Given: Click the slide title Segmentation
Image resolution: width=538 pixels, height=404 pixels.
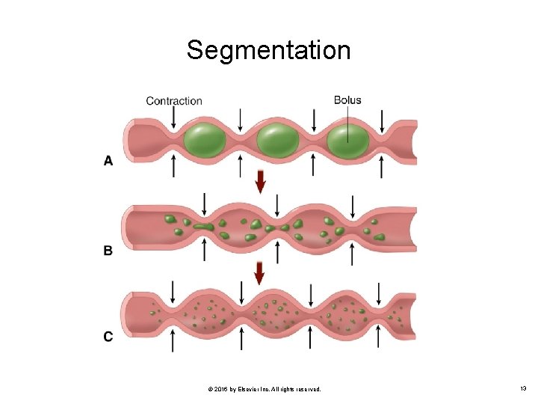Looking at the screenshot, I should coord(268,50).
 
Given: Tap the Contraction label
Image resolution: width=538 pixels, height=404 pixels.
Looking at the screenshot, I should coord(173,100).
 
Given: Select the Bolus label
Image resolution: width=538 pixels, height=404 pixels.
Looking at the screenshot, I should coord(347,100).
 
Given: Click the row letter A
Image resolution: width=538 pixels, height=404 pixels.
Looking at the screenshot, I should coord(108,160).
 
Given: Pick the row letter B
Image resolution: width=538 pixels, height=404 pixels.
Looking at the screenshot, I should coord(108,251).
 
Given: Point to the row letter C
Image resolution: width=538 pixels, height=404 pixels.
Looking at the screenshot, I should coord(108,337).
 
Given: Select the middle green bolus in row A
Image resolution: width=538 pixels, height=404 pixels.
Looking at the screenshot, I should coord(277,141).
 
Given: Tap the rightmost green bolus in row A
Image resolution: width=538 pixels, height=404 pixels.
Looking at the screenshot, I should coord(348,141).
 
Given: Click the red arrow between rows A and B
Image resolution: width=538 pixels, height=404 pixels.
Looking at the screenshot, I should coord(260,182).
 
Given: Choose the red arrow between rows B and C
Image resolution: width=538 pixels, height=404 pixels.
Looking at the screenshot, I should coord(259,273).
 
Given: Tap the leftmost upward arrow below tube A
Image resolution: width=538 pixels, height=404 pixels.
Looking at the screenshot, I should coord(173,166).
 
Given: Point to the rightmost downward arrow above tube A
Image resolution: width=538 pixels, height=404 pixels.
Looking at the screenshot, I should coord(382,119).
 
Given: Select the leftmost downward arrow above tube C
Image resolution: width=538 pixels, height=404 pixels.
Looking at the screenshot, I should coord(173,291).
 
